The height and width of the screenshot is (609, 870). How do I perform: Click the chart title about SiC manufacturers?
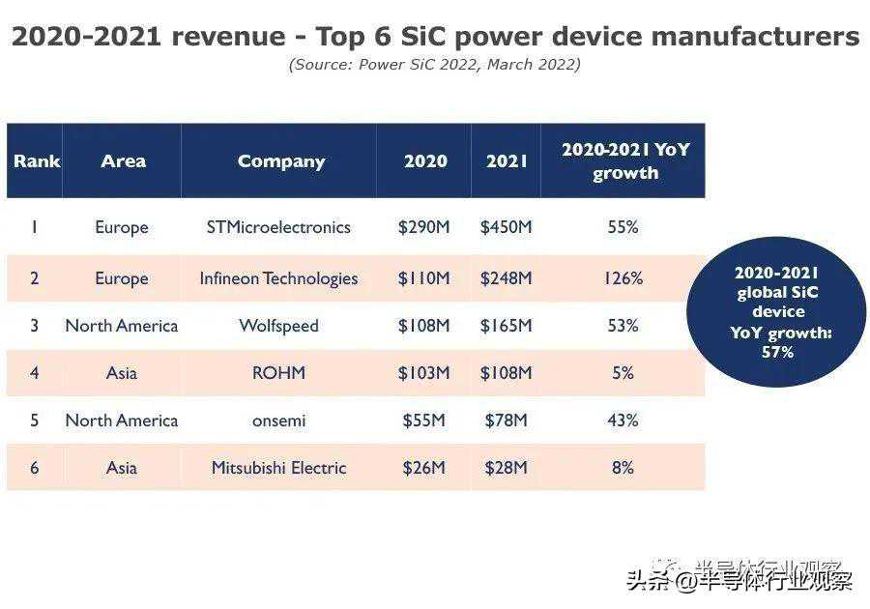click(x=435, y=37)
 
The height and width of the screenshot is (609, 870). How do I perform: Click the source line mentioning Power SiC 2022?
click(x=434, y=65)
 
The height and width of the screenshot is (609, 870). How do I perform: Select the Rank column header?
click(x=37, y=161)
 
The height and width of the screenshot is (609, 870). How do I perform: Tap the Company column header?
click(x=281, y=161)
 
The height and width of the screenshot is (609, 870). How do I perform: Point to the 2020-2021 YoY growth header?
click(x=625, y=161)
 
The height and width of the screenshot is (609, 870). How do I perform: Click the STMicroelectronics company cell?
click(x=278, y=227)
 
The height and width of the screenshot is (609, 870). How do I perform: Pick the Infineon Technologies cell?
click(x=278, y=278)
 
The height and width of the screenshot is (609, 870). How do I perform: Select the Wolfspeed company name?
click(x=278, y=326)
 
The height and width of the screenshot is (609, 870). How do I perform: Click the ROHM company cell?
click(x=278, y=372)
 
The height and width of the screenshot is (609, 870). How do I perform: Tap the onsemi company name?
click(x=278, y=420)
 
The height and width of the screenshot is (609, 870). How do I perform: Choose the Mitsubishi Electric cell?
click(x=278, y=468)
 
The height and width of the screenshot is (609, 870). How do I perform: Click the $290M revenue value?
click(x=423, y=227)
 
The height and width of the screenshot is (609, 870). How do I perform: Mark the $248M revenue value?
click(x=506, y=278)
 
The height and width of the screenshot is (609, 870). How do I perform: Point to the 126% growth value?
click(x=623, y=278)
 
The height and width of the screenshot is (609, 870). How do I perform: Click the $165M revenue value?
click(x=506, y=326)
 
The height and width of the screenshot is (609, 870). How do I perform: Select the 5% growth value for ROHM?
click(x=623, y=372)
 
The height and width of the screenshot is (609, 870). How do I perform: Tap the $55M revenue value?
click(x=423, y=420)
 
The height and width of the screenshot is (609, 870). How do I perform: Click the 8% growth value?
click(x=623, y=468)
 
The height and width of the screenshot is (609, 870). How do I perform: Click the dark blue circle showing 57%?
click(x=776, y=311)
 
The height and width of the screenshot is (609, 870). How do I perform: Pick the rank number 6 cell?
click(x=35, y=468)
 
